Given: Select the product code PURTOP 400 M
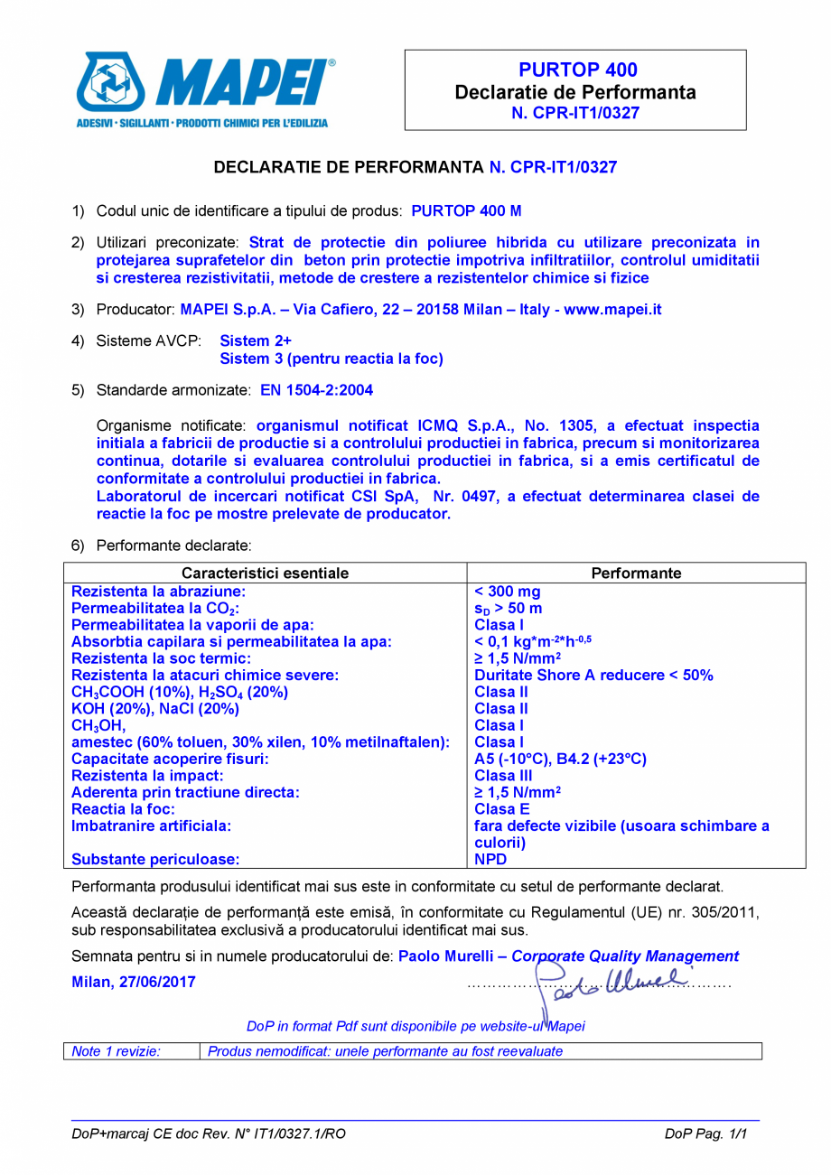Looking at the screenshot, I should click(x=466, y=210).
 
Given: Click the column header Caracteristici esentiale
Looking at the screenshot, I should click(x=266, y=573).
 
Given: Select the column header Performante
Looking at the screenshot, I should click(x=636, y=573).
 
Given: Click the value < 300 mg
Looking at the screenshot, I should click(x=508, y=592).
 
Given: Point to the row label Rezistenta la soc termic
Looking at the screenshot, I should click(x=154, y=658).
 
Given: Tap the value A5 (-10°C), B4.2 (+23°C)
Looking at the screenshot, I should click(x=560, y=759).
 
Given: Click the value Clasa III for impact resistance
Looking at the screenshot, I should click(x=503, y=775).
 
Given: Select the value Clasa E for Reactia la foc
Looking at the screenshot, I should click(x=500, y=808).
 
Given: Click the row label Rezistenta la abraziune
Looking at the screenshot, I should click(x=159, y=592).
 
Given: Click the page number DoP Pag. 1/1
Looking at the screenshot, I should click(x=705, y=1134).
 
